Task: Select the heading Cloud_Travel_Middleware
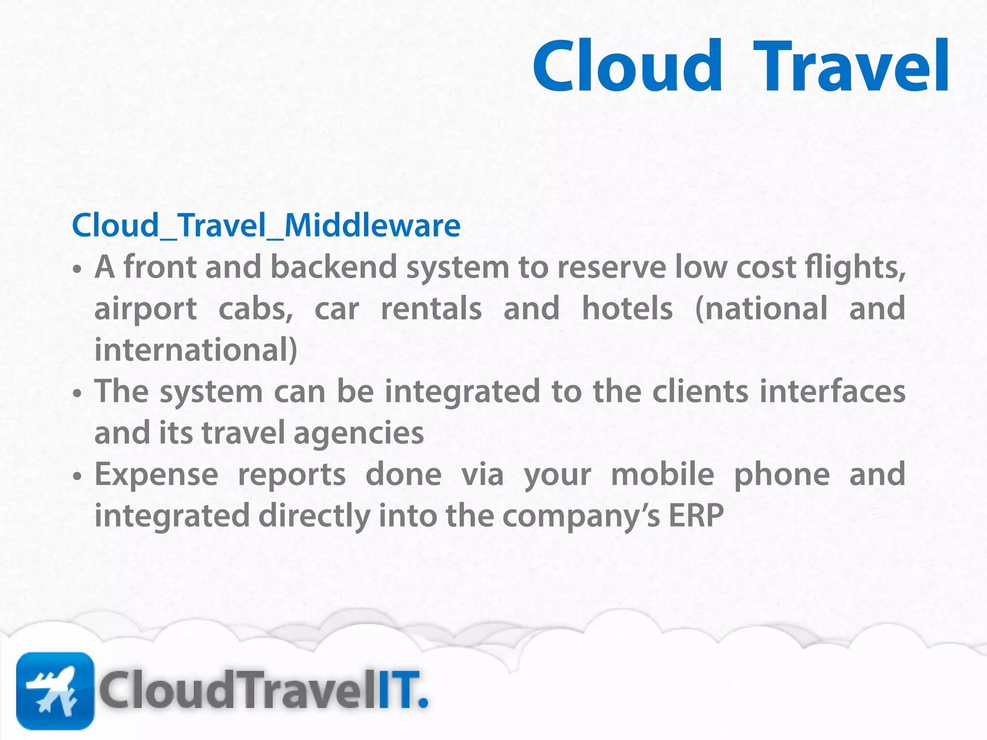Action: point(266,225)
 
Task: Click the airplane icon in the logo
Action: point(55,690)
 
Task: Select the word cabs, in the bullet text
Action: point(255,309)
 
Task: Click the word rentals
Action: point(431,309)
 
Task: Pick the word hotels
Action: point(627,309)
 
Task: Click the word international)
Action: point(196,350)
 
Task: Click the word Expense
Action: point(156,475)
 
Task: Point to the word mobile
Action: point(662,475)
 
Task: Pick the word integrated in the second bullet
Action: point(462,392)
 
